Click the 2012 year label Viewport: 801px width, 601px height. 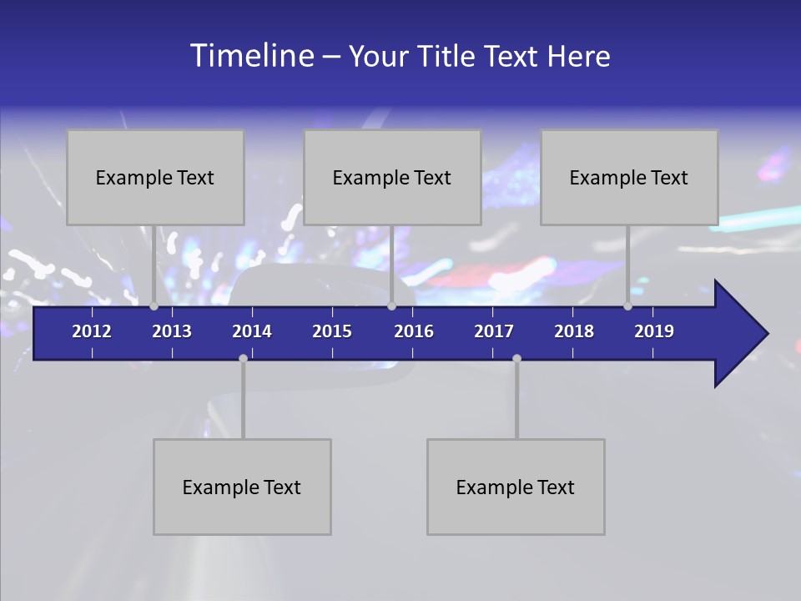(x=92, y=331)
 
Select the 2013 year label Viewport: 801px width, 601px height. (x=172, y=331)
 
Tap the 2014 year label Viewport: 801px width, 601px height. (x=252, y=331)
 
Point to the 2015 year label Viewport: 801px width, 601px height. (x=332, y=331)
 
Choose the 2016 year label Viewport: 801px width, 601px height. (x=414, y=331)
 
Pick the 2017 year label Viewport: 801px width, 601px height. (x=494, y=331)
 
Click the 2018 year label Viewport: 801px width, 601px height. (x=574, y=331)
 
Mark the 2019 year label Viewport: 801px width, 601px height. (x=654, y=331)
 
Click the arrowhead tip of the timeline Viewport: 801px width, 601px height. (x=765, y=334)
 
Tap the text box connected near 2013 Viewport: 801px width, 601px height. (x=155, y=177)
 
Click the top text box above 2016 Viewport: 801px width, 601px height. (x=392, y=177)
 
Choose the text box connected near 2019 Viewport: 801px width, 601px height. (x=629, y=177)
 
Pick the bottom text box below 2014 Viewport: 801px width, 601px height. (x=242, y=487)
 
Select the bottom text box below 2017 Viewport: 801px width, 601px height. (x=516, y=487)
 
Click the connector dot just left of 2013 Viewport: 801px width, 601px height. (x=154, y=306)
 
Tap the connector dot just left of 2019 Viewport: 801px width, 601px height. (x=627, y=306)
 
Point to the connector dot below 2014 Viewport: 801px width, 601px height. (x=243, y=358)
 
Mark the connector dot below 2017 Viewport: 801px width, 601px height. (x=516, y=358)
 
